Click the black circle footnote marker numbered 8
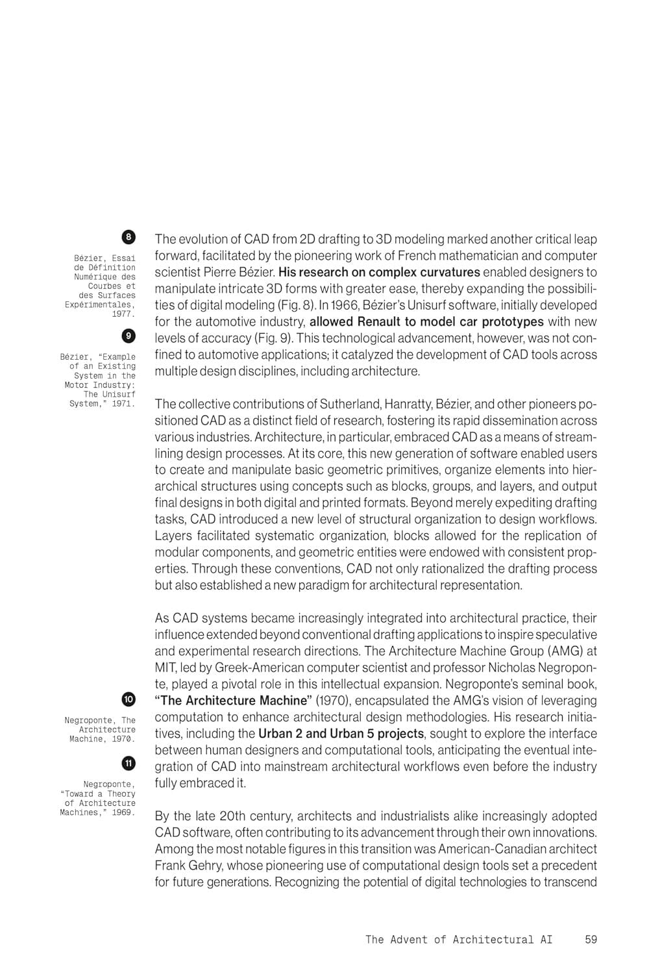coord(129,237)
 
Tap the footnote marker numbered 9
coord(129,335)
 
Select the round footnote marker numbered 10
coord(129,699)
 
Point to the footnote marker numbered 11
coord(129,762)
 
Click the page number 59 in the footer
coord(591,939)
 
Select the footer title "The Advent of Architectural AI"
coord(459,939)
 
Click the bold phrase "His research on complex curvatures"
coord(379,272)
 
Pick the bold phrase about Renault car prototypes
coord(426,321)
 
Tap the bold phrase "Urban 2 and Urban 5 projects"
coord(341,734)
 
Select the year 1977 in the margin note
coord(123,314)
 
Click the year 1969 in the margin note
coord(123,812)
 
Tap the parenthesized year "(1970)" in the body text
coord(334,701)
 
